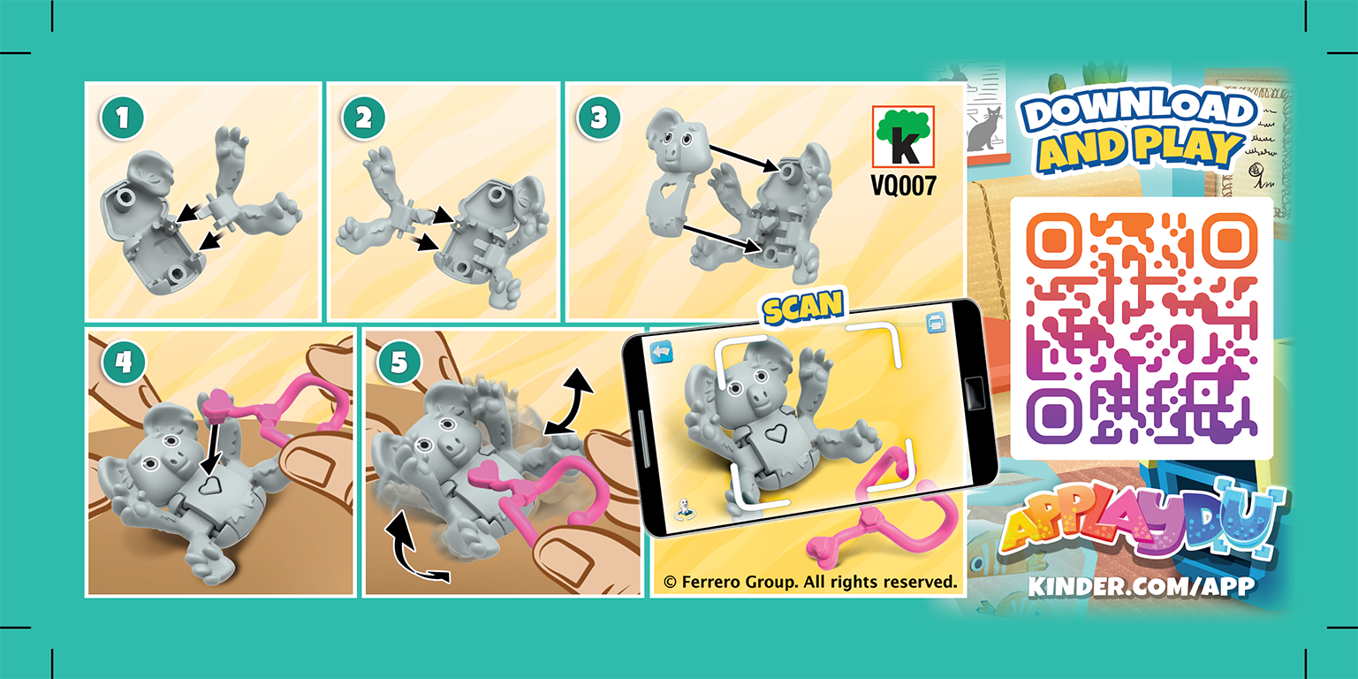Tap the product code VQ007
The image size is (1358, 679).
[903, 187]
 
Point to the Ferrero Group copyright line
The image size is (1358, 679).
[810, 583]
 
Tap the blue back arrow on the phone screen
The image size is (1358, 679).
[662, 352]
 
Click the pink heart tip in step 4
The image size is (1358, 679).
[215, 405]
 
